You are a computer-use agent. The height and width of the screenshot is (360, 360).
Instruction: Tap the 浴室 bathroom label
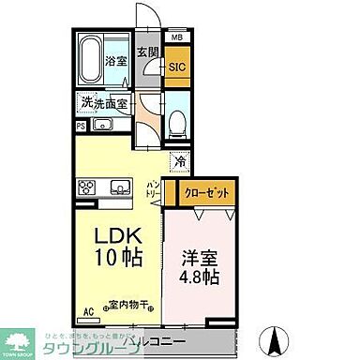coord(115,60)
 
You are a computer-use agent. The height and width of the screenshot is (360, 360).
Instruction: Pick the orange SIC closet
coord(177,67)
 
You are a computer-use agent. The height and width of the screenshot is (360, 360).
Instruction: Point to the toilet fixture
coord(179,121)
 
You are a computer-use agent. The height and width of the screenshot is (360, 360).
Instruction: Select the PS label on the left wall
coord(82,124)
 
